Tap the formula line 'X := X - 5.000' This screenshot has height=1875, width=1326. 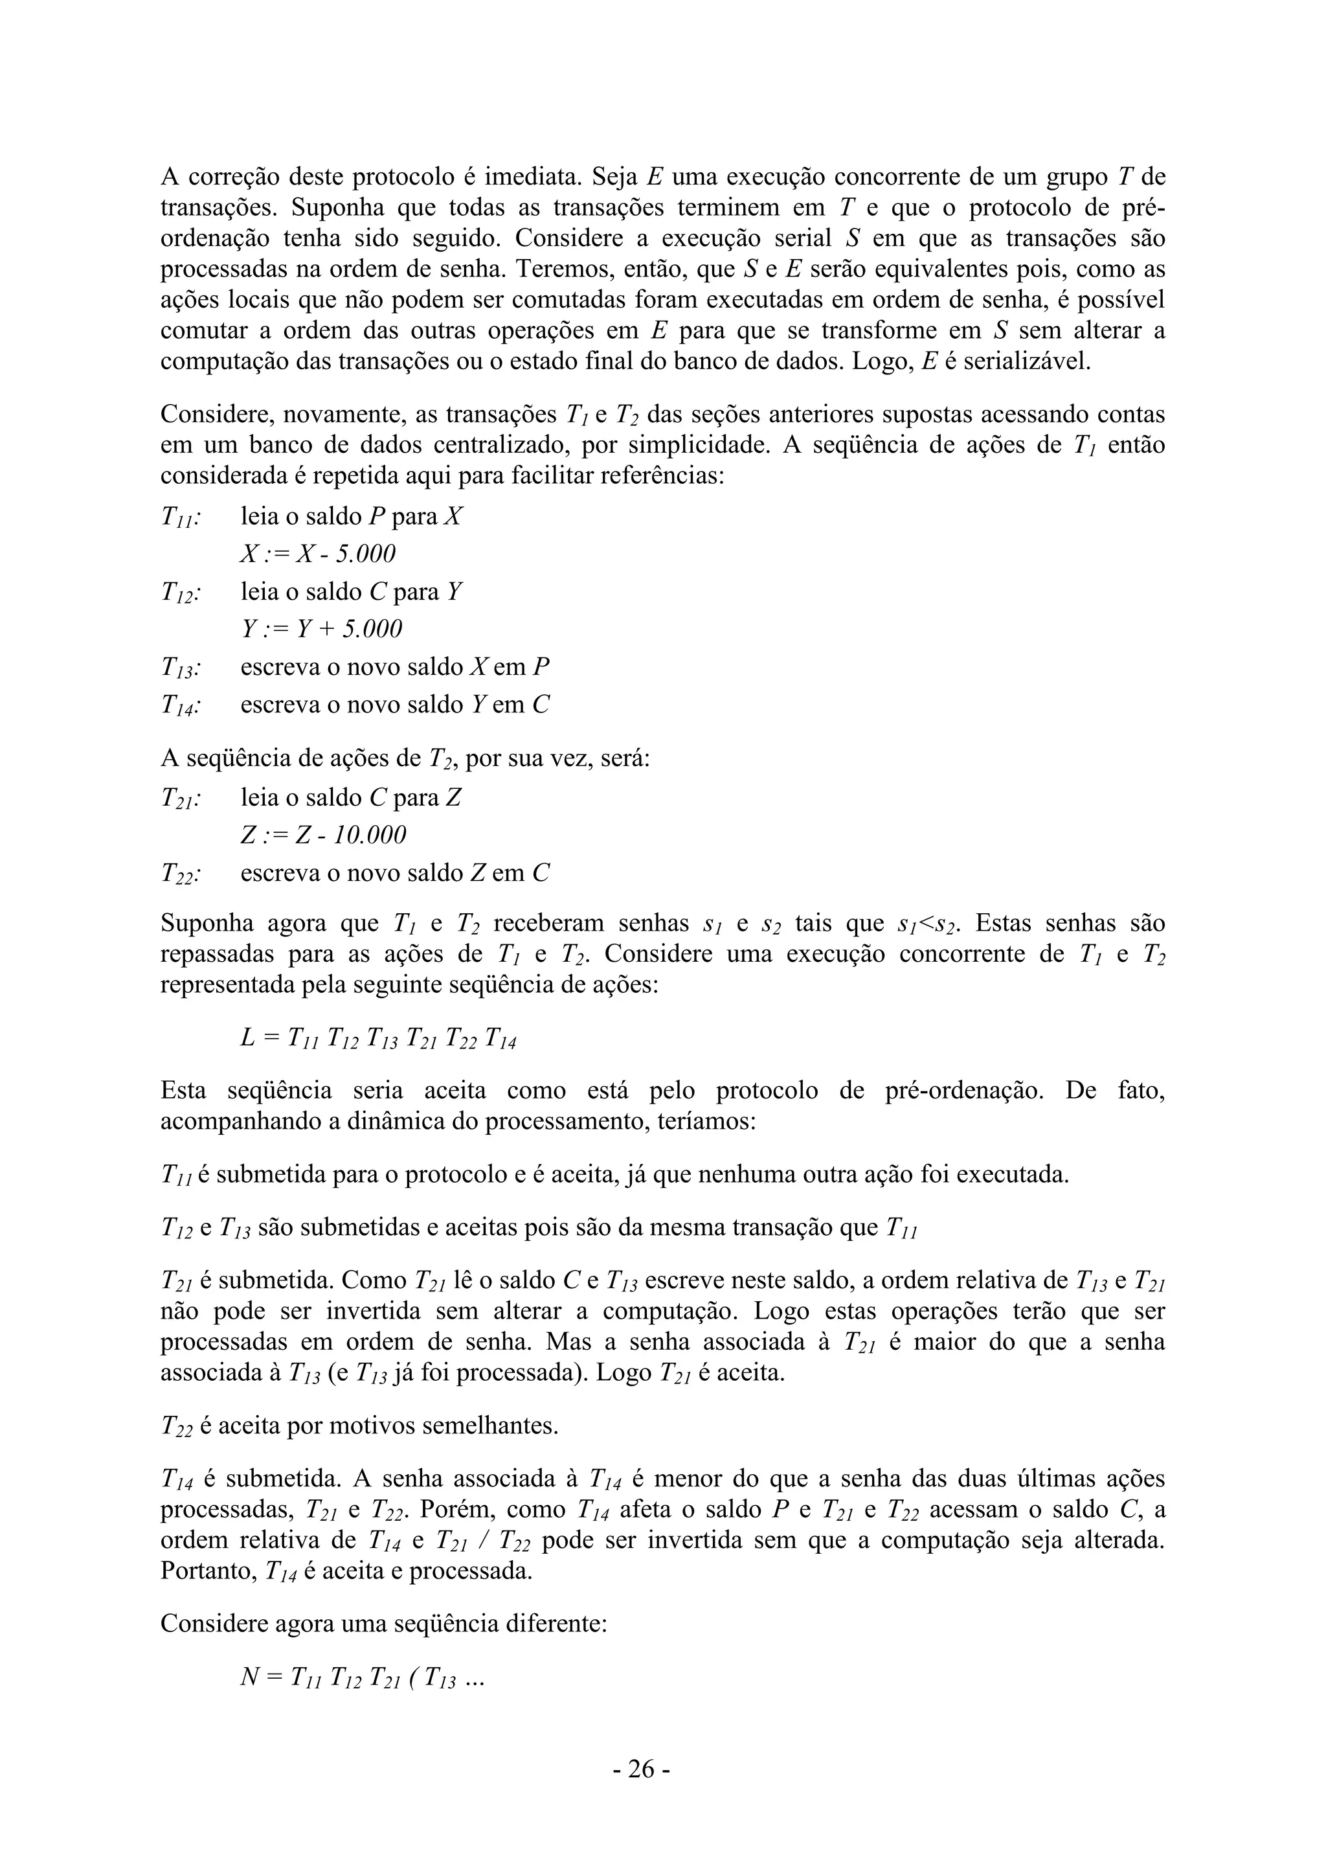(x=318, y=554)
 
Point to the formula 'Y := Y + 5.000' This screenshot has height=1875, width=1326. (x=321, y=629)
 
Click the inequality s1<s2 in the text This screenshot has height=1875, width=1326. (x=927, y=924)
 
